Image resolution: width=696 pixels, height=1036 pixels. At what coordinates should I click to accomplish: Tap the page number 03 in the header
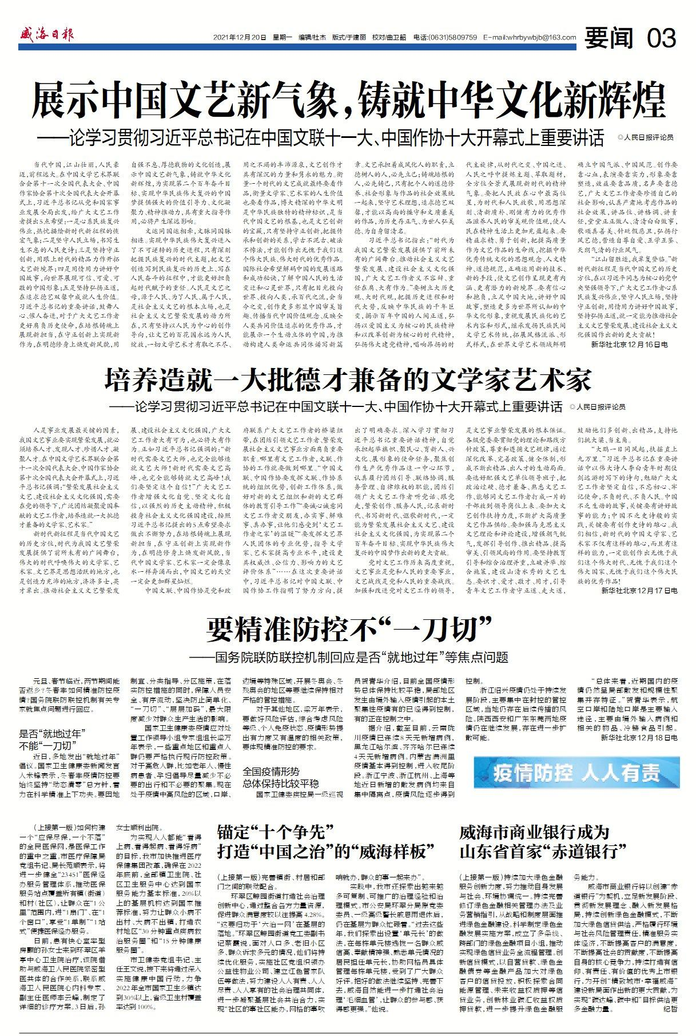[x=662, y=38]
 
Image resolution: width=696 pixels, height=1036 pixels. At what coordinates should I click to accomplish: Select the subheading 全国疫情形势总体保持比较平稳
[x=279, y=776]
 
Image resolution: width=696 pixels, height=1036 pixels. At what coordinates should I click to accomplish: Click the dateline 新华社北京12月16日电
[x=634, y=344]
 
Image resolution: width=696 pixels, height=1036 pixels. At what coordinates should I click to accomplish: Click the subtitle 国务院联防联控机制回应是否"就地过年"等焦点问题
[x=349, y=657]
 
